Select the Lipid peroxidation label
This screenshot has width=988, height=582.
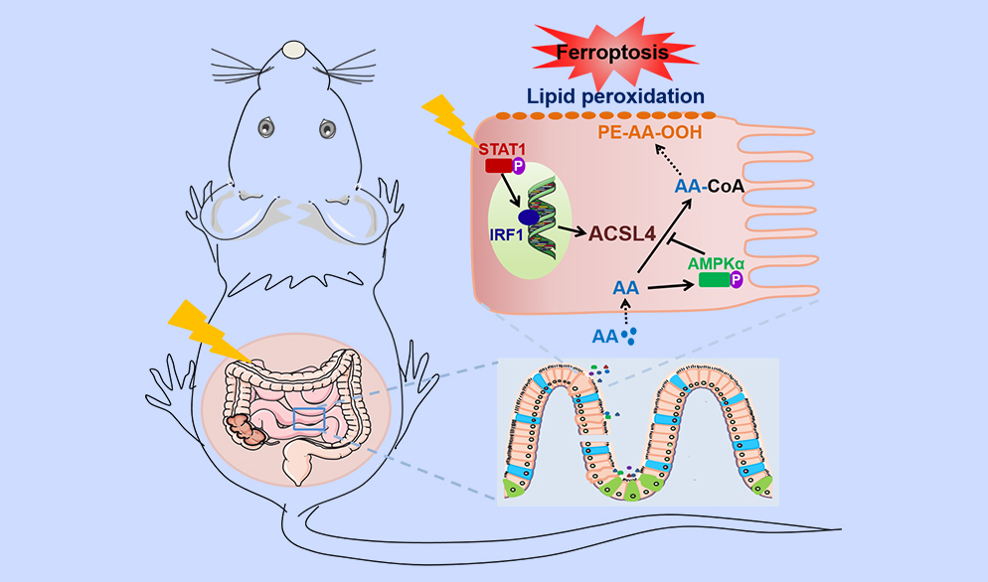pos(617,96)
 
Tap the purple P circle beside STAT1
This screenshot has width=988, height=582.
pos(518,167)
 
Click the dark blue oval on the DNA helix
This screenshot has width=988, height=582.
pos(528,217)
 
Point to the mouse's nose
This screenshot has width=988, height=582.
pos(292,48)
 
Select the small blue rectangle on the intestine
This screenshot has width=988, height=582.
pos(309,419)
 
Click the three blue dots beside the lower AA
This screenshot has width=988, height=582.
pos(628,336)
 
